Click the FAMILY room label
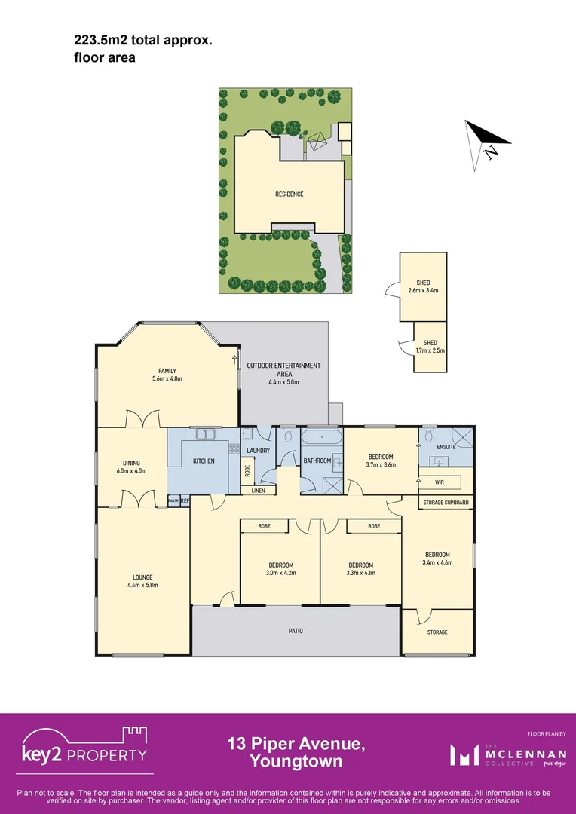coord(167,370)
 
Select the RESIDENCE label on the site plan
coord(289,194)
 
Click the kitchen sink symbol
coord(204,434)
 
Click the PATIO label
coord(296,630)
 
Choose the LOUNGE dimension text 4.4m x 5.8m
coord(142,584)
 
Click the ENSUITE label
coord(446,447)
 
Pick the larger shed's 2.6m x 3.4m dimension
coord(423,290)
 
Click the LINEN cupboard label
coord(258,491)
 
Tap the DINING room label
coord(132,463)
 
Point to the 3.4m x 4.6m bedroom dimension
coord(437,562)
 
